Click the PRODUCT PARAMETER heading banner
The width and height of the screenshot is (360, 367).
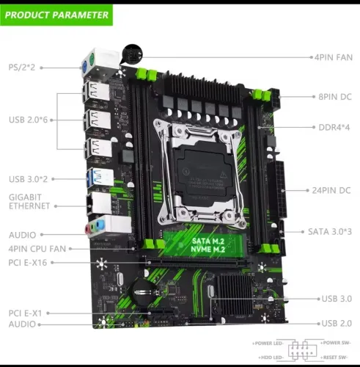[x=56, y=15]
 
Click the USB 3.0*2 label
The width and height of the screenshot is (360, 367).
[x=28, y=178]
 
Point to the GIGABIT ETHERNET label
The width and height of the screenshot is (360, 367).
[x=29, y=202]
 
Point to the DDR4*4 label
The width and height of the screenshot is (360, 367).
[x=334, y=126]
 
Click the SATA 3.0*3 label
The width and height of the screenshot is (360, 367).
[x=330, y=232]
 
